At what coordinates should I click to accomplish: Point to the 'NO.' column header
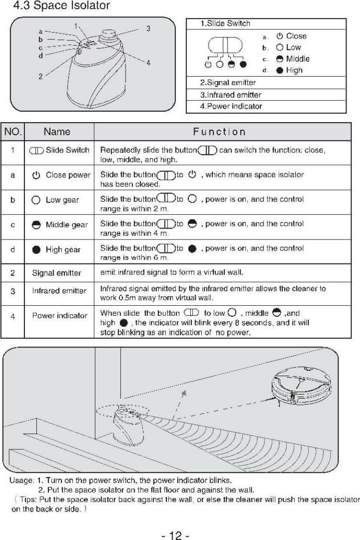pyautogui.click(x=13, y=131)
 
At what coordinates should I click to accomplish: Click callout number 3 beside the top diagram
pyautogui.click(x=149, y=28)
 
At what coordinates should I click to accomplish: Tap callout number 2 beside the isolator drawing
pyautogui.click(x=41, y=76)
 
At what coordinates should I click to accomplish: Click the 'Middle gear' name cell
pyautogui.click(x=59, y=225)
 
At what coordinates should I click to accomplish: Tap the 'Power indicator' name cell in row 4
pyautogui.click(x=59, y=315)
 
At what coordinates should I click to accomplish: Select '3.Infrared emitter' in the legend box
pyautogui.click(x=231, y=95)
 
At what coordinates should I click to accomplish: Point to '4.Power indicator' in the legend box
pyautogui.click(x=231, y=106)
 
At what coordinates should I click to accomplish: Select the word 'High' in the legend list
pyautogui.click(x=294, y=70)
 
